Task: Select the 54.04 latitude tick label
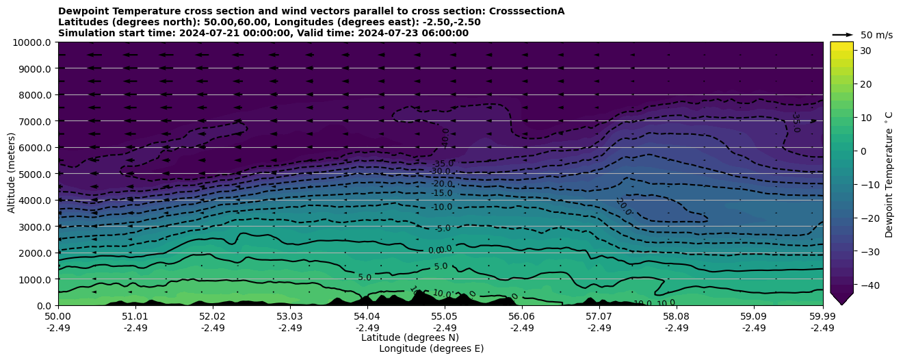tap(367, 317)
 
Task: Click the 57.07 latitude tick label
tap(599, 317)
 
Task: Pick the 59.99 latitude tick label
tap(822, 317)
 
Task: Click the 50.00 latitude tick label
tap(58, 317)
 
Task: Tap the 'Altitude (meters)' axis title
tap(12, 174)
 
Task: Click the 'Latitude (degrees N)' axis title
tap(410, 337)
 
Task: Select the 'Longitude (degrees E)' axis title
tap(431, 348)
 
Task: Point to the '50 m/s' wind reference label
tap(876, 35)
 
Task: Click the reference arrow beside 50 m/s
tap(843, 35)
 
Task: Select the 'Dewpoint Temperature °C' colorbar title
tap(889, 175)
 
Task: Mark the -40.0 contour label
tap(445, 138)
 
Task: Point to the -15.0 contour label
tap(442, 194)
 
